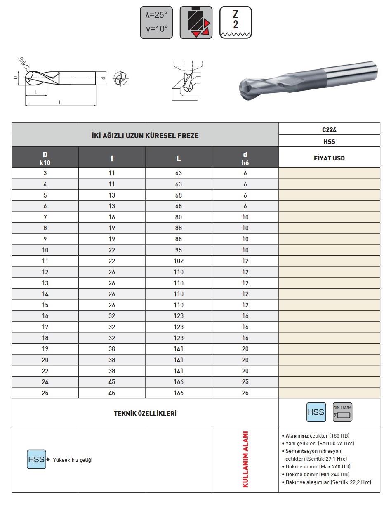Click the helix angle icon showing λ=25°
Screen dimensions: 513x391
(156, 23)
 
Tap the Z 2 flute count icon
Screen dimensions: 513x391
(236, 23)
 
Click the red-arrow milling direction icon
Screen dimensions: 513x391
(196, 23)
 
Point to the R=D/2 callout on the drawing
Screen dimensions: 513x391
(24, 64)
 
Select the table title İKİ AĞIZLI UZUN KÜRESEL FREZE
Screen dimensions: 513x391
(145, 135)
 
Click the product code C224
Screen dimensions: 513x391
(329, 129)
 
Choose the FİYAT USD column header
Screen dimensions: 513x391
(329, 158)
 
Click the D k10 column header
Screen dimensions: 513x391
(45, 158)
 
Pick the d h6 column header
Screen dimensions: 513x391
(245, 158)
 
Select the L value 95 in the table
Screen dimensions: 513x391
(179, 250)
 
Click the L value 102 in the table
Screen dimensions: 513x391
(179, 261)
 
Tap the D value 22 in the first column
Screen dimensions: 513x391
(45, 371)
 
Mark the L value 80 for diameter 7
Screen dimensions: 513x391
(179, 217)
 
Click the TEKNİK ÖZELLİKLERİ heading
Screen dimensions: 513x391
(145, 413)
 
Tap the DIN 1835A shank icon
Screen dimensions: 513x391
(342, 412)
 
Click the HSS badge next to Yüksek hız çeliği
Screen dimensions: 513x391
(36, 459)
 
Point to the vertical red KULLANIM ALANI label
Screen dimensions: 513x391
(245, 459)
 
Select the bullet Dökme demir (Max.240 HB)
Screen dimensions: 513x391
(318, 466)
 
